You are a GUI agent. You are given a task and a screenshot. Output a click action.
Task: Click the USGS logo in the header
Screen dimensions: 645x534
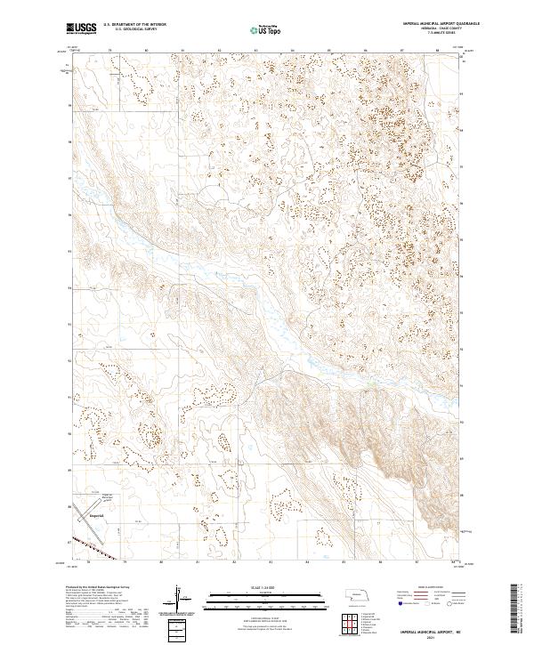click(81, 28)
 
